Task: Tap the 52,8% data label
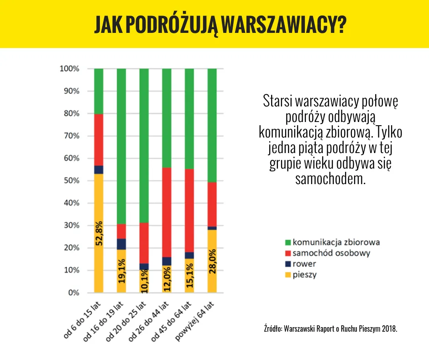pos(99,233)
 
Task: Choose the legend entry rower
pos(304,264)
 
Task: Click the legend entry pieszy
pos(305,275)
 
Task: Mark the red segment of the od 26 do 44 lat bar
pos(167,212)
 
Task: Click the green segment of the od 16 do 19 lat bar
pos(121,146)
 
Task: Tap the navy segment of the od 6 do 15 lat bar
pos(99,169)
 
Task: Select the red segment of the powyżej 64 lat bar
pos(212,204)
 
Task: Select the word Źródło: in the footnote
pos(272,328)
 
